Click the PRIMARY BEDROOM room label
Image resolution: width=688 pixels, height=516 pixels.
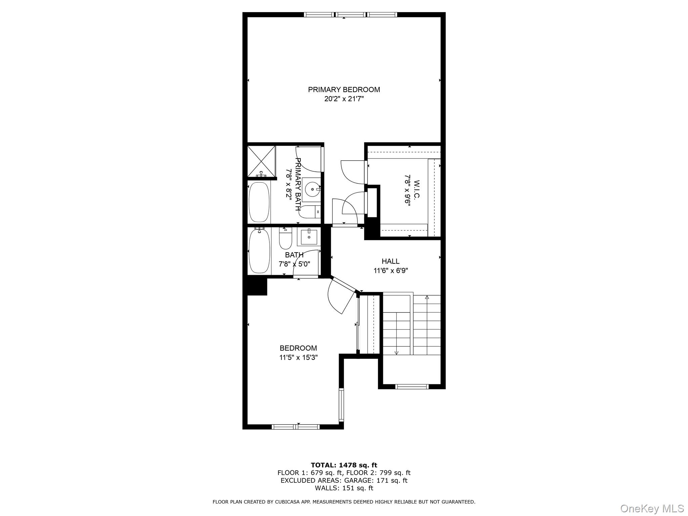point(344,90)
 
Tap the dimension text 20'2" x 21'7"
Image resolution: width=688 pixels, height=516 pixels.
point(344,99)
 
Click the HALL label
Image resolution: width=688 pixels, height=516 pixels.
point(390,261)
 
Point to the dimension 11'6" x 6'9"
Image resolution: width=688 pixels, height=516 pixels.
point(390,270)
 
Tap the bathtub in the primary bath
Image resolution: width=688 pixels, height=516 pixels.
point(259,202)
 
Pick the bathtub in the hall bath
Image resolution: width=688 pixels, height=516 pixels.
point(259,251)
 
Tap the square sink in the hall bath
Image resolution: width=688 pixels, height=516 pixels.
point(309,237)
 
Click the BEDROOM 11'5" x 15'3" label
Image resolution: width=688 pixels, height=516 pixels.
point(298,353)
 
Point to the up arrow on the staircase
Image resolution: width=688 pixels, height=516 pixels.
point(427,297)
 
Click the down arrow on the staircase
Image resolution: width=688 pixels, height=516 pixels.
point(396,352)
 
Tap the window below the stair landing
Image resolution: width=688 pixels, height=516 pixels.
point(412,387)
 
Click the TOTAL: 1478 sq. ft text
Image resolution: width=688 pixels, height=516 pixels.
point(344,465)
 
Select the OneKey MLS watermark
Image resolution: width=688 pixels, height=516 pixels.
point(652,508)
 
